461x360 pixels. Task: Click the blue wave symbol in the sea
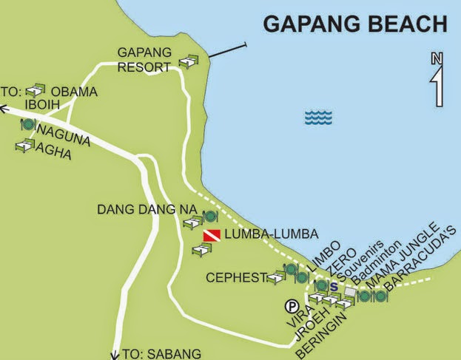(x=319, y=117)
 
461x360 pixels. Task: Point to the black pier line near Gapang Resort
(x=226, y=51)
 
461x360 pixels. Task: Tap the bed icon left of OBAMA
(x=36, y=91)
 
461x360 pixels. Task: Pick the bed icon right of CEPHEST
(x=276, y=277)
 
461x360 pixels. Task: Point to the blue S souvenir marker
(x=334, y=287)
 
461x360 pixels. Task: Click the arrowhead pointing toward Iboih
(x=4, y=109)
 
